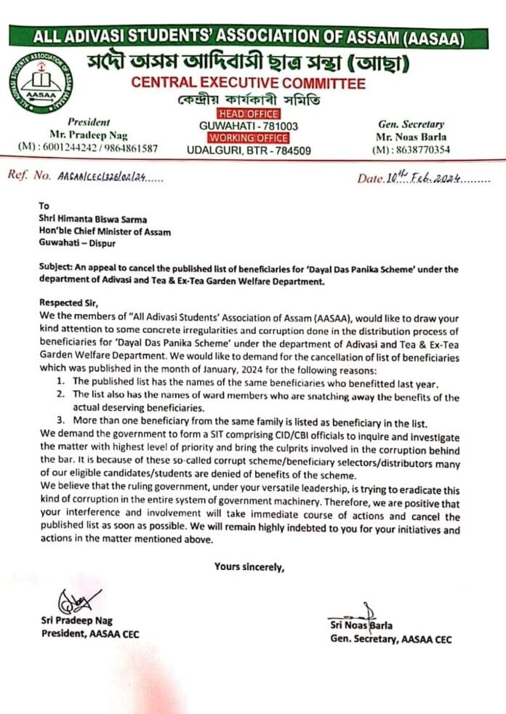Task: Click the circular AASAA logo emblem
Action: (x=39, y=87)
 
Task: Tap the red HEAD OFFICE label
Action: (x=248, y=114)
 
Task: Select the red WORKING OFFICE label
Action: (x=248, y=138)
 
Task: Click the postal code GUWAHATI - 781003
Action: (x=249, y=127)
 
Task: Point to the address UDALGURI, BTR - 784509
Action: (x=249, y=151)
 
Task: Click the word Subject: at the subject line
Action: (x=56, y=268)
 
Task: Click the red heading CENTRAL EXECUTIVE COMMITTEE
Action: (x=249, y=83)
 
